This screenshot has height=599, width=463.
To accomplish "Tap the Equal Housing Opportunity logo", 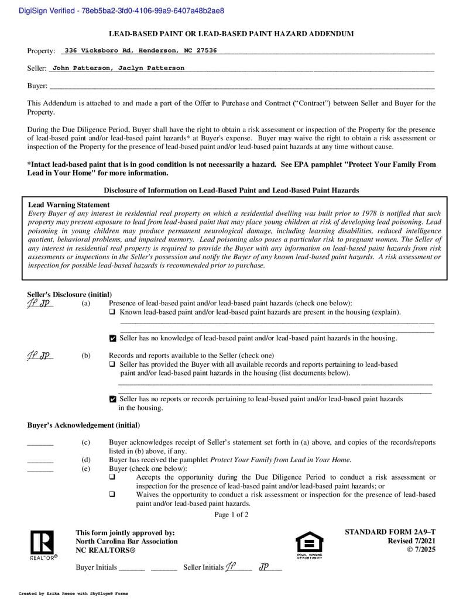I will click(309, 545).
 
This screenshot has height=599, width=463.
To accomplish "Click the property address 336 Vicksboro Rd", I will click(140, 50).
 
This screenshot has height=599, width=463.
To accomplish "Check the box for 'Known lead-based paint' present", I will click(112, 312).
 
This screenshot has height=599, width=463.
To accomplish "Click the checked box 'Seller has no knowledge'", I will click(113, 338).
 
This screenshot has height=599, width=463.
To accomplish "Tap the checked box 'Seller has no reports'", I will click(113, 399).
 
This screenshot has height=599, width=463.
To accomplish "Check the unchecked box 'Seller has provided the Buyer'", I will click(112, 364).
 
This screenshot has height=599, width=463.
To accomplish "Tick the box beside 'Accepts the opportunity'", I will click(112, 477).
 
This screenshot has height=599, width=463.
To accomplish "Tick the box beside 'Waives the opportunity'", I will click(112, 494).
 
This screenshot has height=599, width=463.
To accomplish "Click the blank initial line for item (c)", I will click(40, 443).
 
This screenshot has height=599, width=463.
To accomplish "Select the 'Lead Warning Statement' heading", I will click(69, 205).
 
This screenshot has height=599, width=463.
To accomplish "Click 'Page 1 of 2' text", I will click(231, 515).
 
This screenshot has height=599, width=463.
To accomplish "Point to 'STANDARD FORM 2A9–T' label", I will click(390, 532).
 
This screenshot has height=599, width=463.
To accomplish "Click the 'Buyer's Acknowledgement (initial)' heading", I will click(84, 425).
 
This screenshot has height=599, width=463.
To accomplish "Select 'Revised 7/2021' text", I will click(411, 541).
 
